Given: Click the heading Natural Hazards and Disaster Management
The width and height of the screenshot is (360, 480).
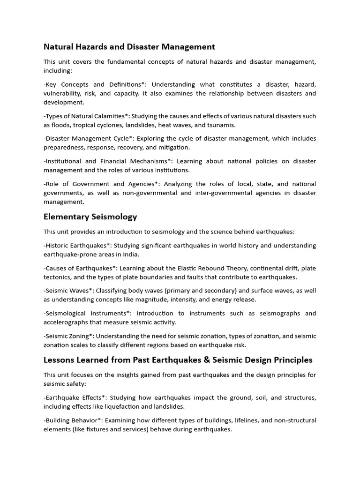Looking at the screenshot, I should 129,46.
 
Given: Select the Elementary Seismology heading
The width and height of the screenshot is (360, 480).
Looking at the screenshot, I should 90,217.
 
